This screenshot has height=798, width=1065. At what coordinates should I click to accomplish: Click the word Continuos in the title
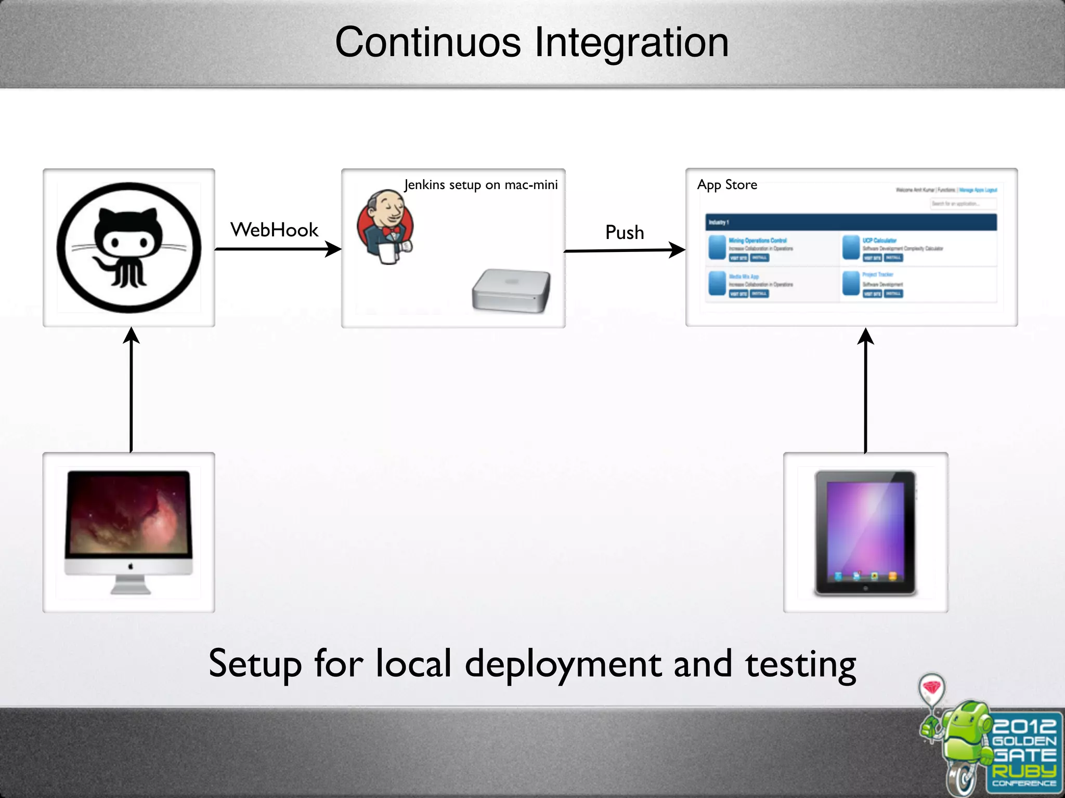(x=427, y=43)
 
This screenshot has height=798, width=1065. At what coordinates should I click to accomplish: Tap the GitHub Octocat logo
(x=128, y=248)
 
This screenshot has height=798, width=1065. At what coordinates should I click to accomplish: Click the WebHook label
(x=274, y=230)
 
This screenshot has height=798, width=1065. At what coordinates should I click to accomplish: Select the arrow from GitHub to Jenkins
(x=278, y=249)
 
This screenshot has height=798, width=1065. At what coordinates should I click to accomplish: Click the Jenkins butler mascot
(x=385, y=227)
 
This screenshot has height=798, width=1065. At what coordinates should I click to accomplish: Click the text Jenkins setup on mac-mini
(x=480, y=185)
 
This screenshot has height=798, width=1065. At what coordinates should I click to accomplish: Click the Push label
(x=625, y=232)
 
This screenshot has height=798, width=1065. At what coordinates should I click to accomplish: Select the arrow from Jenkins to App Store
(x=624, y=250)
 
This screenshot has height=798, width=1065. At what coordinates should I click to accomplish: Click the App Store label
(x=727, y=185)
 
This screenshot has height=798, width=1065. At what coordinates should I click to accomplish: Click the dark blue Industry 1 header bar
(x=851, y=222)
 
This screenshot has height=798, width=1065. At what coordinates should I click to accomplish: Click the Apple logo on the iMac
(x=131, y=566)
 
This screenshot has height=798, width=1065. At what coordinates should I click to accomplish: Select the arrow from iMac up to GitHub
(x=131, y=390)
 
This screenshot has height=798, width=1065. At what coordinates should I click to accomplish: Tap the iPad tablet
(x=865, y=533)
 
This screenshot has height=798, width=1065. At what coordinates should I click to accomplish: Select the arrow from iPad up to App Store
(x=865, y=390)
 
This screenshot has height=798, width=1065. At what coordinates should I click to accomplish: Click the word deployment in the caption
(x=563, y=664)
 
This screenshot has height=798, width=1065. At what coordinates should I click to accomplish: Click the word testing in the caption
(x=800, y=664)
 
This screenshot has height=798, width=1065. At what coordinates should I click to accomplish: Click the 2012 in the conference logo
(x=1024, y=726)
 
